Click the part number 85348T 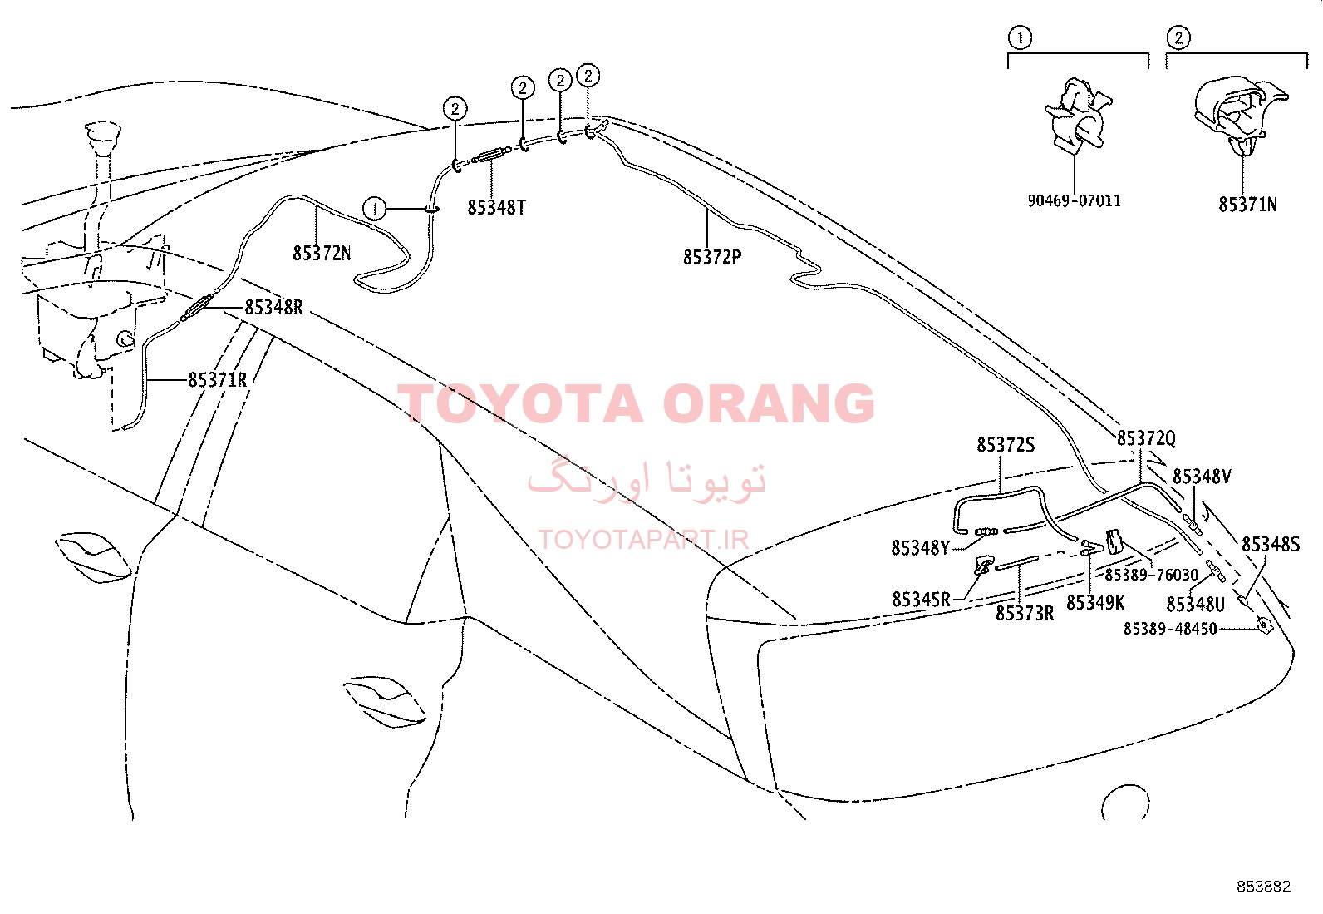[496, 208]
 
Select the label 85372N [322, 253]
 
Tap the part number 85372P [712, 257]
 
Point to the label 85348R [274, 308]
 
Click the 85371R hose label [218, 379]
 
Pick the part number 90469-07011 [1075, 200]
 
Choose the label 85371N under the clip [1248, 205]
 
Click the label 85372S [1006, 445]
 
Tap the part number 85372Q [1146, 438]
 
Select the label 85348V [1202, 476]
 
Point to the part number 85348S [1271, 545]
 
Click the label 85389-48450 [1170, 629]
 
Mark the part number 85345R [921, 600]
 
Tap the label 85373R [1025, 614]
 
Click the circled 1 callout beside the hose [375, 208]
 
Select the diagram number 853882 [1264, 887]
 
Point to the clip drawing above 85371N [1240, 116]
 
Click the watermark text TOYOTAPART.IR [643, 539]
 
